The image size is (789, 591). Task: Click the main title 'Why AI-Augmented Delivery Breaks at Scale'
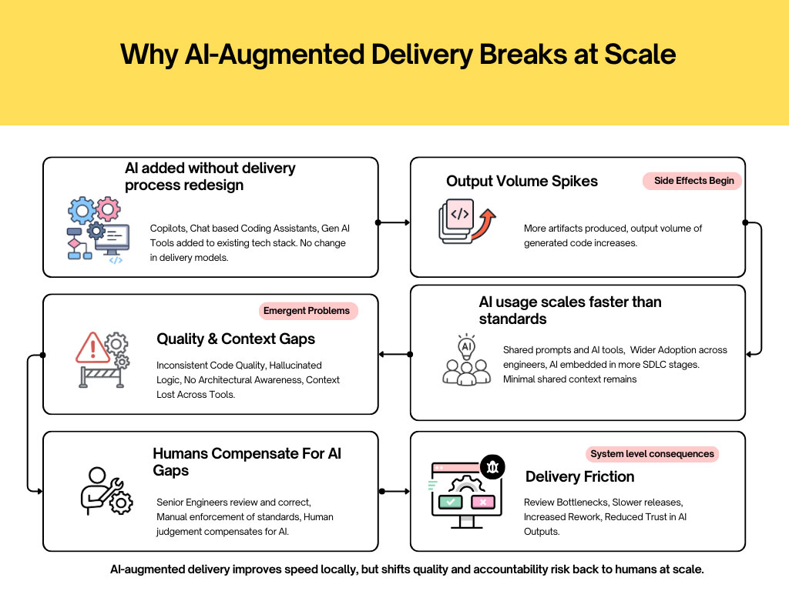398,55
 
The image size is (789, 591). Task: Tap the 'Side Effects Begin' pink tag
693,181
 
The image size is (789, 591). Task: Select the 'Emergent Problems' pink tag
307,311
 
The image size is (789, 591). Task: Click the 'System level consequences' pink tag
652,454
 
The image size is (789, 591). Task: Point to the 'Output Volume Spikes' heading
522,182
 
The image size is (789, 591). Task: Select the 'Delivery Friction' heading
579,477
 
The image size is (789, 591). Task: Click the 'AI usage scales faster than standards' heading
569,310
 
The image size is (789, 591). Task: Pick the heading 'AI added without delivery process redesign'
210,176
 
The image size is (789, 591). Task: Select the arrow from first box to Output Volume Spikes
394,222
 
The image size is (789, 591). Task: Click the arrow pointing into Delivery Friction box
394,490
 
